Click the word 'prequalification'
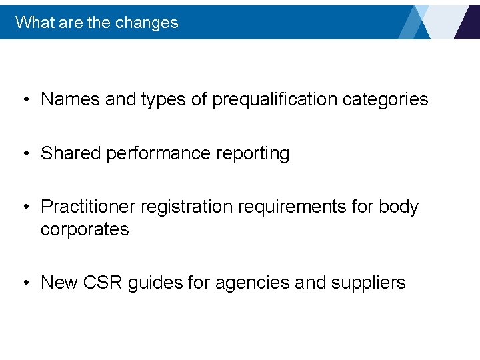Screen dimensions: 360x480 click(x=275, y=99)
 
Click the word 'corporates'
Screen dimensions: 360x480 click(x=85, y=229)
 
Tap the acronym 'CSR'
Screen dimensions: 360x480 click(x=103, y=283)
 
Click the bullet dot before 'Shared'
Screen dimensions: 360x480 click(x=25, y=154)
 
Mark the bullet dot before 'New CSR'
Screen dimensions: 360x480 click(x=25, y=283)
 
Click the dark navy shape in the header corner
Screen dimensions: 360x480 click(x=468, y=23)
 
